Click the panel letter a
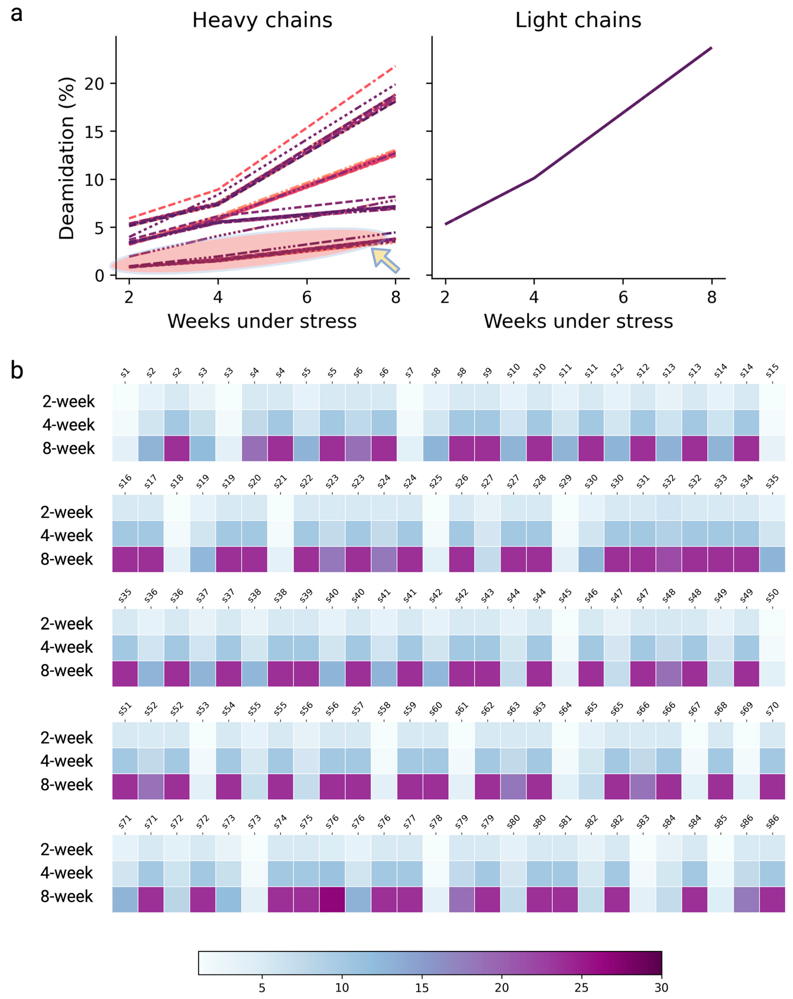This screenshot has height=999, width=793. tap(17, 14)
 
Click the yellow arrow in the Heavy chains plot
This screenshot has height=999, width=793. tap(385, 259)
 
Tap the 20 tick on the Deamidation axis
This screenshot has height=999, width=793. tap(94, 84)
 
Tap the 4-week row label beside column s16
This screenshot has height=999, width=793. tap(67, 536)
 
